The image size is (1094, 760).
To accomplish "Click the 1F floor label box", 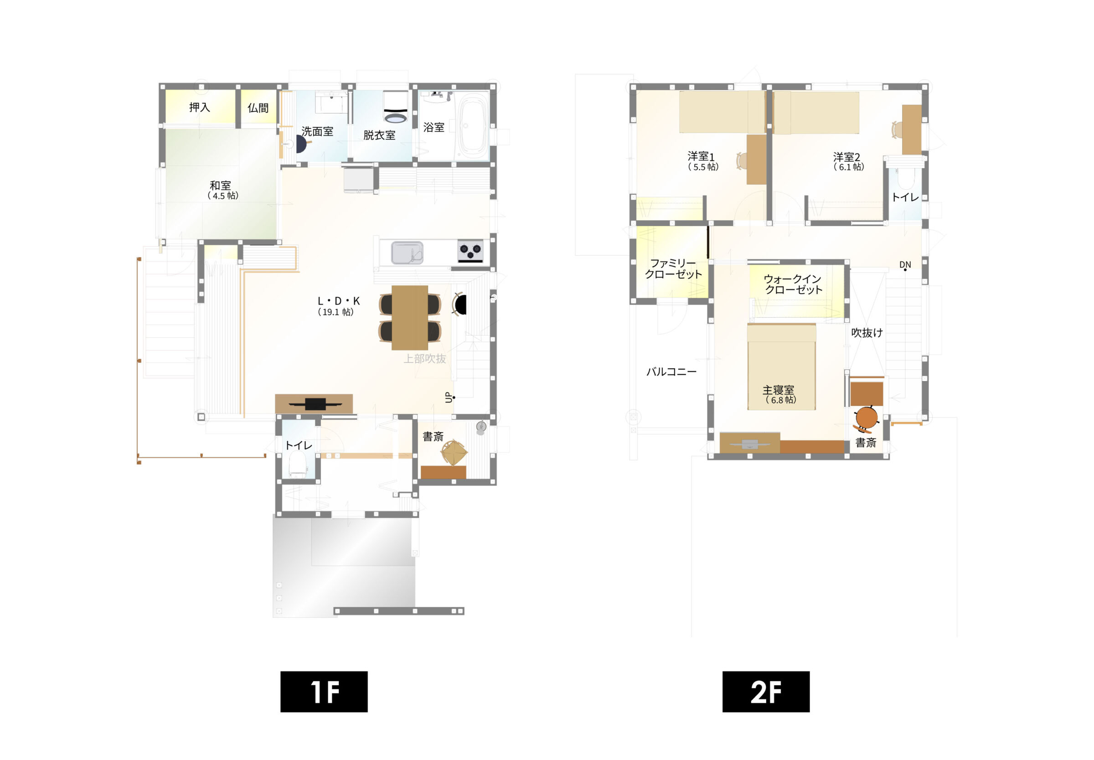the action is tap(324, 692).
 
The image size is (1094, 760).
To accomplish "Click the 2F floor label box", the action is tap(765, 692).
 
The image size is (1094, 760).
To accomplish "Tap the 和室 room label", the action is tap(221, 185).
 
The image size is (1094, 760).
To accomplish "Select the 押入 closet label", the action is tap(200, 107).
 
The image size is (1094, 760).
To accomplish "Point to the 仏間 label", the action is tap(258, 108).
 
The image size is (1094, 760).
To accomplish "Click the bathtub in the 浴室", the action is tap(473, 126).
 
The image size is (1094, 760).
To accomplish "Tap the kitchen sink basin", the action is tap(407, 253).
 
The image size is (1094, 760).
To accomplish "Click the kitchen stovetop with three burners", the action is tap(470, 251).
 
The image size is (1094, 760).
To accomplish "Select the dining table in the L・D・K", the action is tap(409, 318).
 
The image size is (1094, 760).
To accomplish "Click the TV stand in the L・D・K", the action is tap(314, 404).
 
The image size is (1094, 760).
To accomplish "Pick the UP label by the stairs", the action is tap(449, 397).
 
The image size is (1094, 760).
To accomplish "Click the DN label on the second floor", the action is tap(905, 265).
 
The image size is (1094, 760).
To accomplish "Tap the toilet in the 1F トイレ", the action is tap(298, 465).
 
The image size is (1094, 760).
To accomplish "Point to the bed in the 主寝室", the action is tap(781, 367).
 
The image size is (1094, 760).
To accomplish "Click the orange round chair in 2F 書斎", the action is tap(866, 418).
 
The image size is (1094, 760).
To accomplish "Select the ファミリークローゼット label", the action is tap(673, 269).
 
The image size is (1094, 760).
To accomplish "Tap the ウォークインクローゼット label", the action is tap(793, 284).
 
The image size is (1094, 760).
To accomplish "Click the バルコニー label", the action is tap(671, 372).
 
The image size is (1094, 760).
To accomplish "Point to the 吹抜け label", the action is tap(867, 333).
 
